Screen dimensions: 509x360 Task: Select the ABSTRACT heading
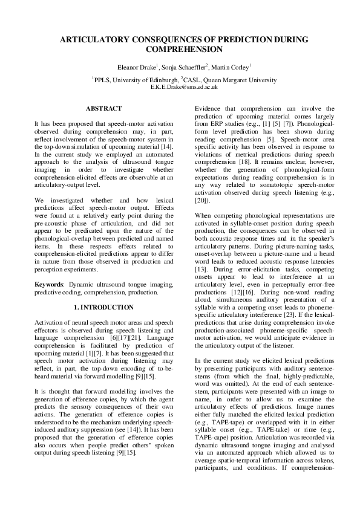point(103,108)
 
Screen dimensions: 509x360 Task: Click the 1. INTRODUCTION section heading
point(103,308)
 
